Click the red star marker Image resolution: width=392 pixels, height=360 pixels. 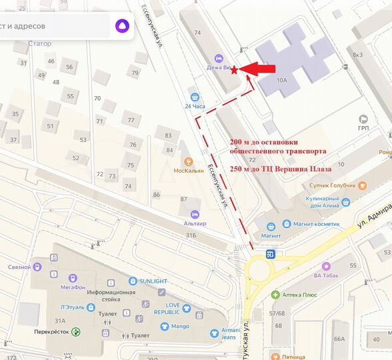pos(234,69)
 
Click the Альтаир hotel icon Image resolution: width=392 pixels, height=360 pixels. pos(194,214)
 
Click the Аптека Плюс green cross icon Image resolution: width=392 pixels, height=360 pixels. pos(275,294)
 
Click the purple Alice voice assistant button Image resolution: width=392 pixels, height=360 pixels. pos(123,27)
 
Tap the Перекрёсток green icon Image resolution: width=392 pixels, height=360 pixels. pos(76,331)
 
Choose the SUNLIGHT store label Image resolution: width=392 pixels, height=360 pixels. pos(153,281)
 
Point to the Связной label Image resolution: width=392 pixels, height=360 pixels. pos(20,267)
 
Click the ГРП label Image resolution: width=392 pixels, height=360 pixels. pos(363,127)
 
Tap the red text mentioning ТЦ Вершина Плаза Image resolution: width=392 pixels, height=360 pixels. pos(280,169)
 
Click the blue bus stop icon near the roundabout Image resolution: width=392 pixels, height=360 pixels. pos(270,254)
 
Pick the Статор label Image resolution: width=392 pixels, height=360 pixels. pos(40,44)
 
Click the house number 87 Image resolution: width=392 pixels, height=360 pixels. pos(184,199)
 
